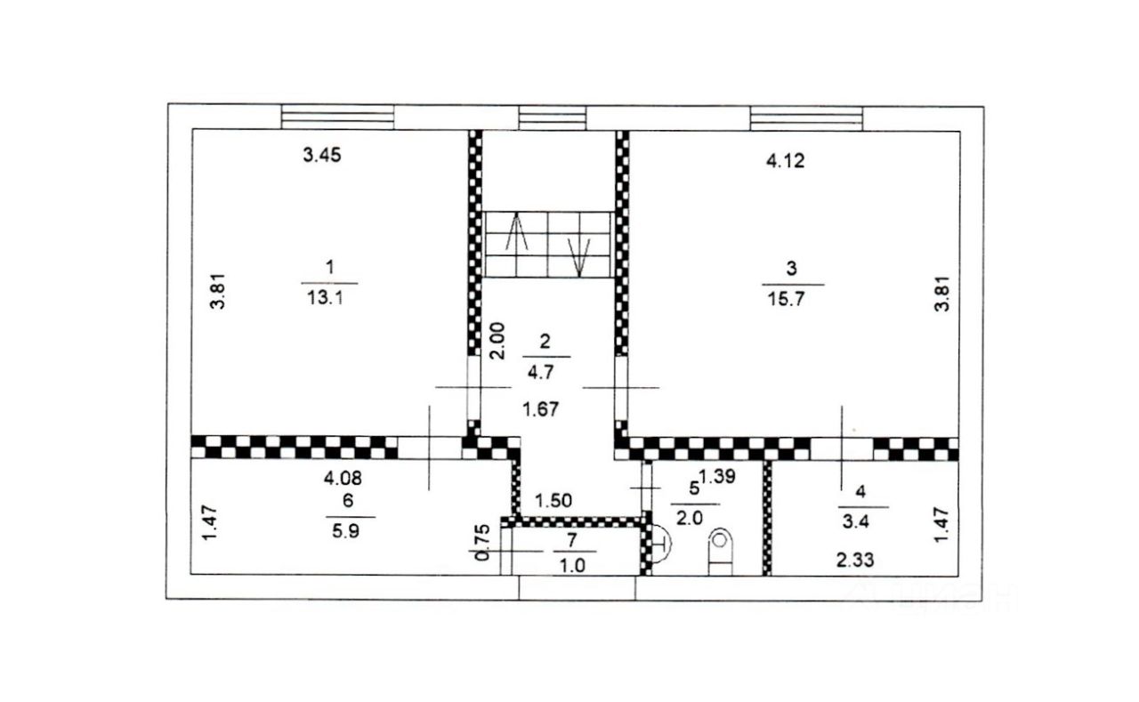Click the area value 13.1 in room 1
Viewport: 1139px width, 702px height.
pos(326,297)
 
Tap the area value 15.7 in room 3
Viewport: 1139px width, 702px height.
pos(786,299)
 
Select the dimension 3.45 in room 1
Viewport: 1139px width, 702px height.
pos(322,155)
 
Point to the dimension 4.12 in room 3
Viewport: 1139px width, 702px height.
pos(786,161)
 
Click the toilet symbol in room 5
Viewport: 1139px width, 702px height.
pos(720,552)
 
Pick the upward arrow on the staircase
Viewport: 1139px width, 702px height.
pos(517,233)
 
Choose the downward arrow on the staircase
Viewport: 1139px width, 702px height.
pos(579,257)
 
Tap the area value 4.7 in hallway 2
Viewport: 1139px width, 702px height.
pos(540,373)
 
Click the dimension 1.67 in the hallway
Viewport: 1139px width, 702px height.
pos(541,409)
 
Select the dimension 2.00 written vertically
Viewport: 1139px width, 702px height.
pos(497,341)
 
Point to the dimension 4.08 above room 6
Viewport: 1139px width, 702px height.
pos(343,478)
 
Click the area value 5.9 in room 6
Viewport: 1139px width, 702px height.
pos(346,531)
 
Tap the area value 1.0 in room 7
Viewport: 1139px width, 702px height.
pos(572,565)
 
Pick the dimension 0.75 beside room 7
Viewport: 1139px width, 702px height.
pos(482,543)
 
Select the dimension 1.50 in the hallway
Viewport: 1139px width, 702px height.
pos(553,501)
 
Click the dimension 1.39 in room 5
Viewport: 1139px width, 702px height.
pos(717,476)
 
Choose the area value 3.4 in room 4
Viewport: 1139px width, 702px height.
pos(856,522)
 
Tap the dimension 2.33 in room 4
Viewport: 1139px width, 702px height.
pos(855,561)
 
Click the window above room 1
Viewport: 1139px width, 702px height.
pos(337,117)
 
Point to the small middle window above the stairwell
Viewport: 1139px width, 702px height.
pos(553,118)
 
